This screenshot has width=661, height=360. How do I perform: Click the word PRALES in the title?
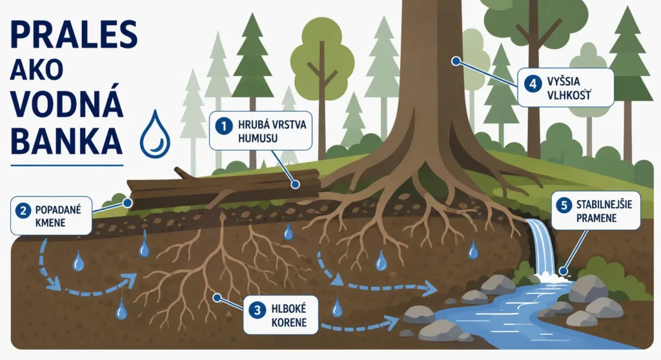[74, 35]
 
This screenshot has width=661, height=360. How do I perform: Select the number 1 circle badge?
[224, 126]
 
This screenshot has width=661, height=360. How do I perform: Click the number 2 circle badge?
[23, 210]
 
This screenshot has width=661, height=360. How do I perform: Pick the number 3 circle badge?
[257, 311]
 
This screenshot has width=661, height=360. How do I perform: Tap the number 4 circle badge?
[533, 83]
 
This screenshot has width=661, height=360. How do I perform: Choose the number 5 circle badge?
[564, 206]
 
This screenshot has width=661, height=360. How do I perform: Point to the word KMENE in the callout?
[50, 222]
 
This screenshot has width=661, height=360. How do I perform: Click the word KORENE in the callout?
[289, 323]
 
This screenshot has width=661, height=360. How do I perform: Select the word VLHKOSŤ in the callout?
[569, 96]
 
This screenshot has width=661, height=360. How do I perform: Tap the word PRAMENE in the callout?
[596, 218]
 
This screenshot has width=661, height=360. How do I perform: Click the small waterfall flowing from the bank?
[541, 248]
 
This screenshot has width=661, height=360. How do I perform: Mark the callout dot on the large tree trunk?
[455, 61]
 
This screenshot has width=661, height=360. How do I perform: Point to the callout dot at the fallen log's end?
[128, 203]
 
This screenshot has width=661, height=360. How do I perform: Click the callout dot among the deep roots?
[217, 298]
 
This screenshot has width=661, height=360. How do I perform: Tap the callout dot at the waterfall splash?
[562, 273]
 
